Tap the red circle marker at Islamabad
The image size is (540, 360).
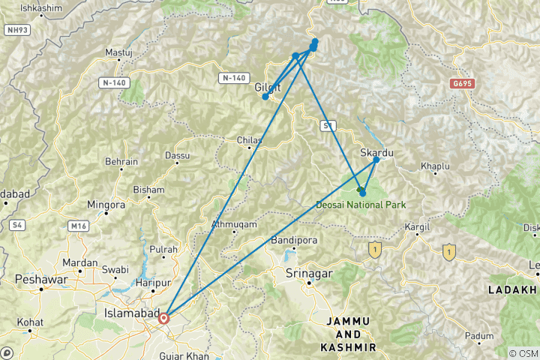163,318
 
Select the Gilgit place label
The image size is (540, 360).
268,87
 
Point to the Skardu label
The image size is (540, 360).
377,152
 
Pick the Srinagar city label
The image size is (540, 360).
308,274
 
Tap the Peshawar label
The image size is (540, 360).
37,278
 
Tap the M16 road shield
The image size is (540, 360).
77,225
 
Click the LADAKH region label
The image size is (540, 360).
513,289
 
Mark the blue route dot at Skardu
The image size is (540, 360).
376,160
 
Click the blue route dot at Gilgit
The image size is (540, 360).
265,97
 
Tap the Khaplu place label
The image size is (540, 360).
434,165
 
